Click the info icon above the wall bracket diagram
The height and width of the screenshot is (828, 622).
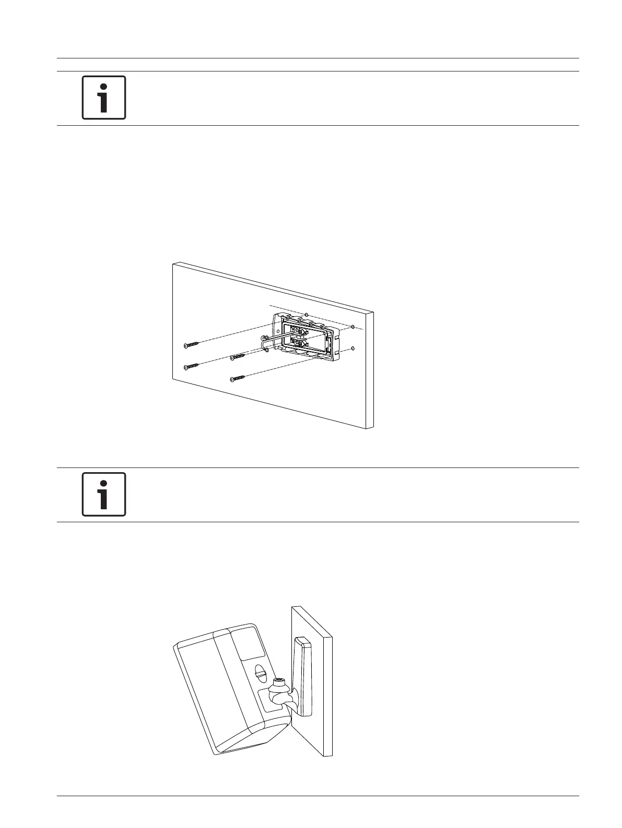click(x=104, y=98)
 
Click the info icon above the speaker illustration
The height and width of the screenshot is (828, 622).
click(x=104, y=494)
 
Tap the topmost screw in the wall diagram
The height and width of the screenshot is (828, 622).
click(x=192, y=344)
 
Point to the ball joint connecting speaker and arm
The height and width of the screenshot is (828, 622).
click(x=279, y=697)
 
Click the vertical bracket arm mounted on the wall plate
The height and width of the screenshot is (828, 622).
click(x=302, y=673)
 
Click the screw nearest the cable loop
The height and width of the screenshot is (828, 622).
click(x=238, y=357)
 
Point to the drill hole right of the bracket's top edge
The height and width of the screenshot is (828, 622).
click(x=353, y=327)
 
